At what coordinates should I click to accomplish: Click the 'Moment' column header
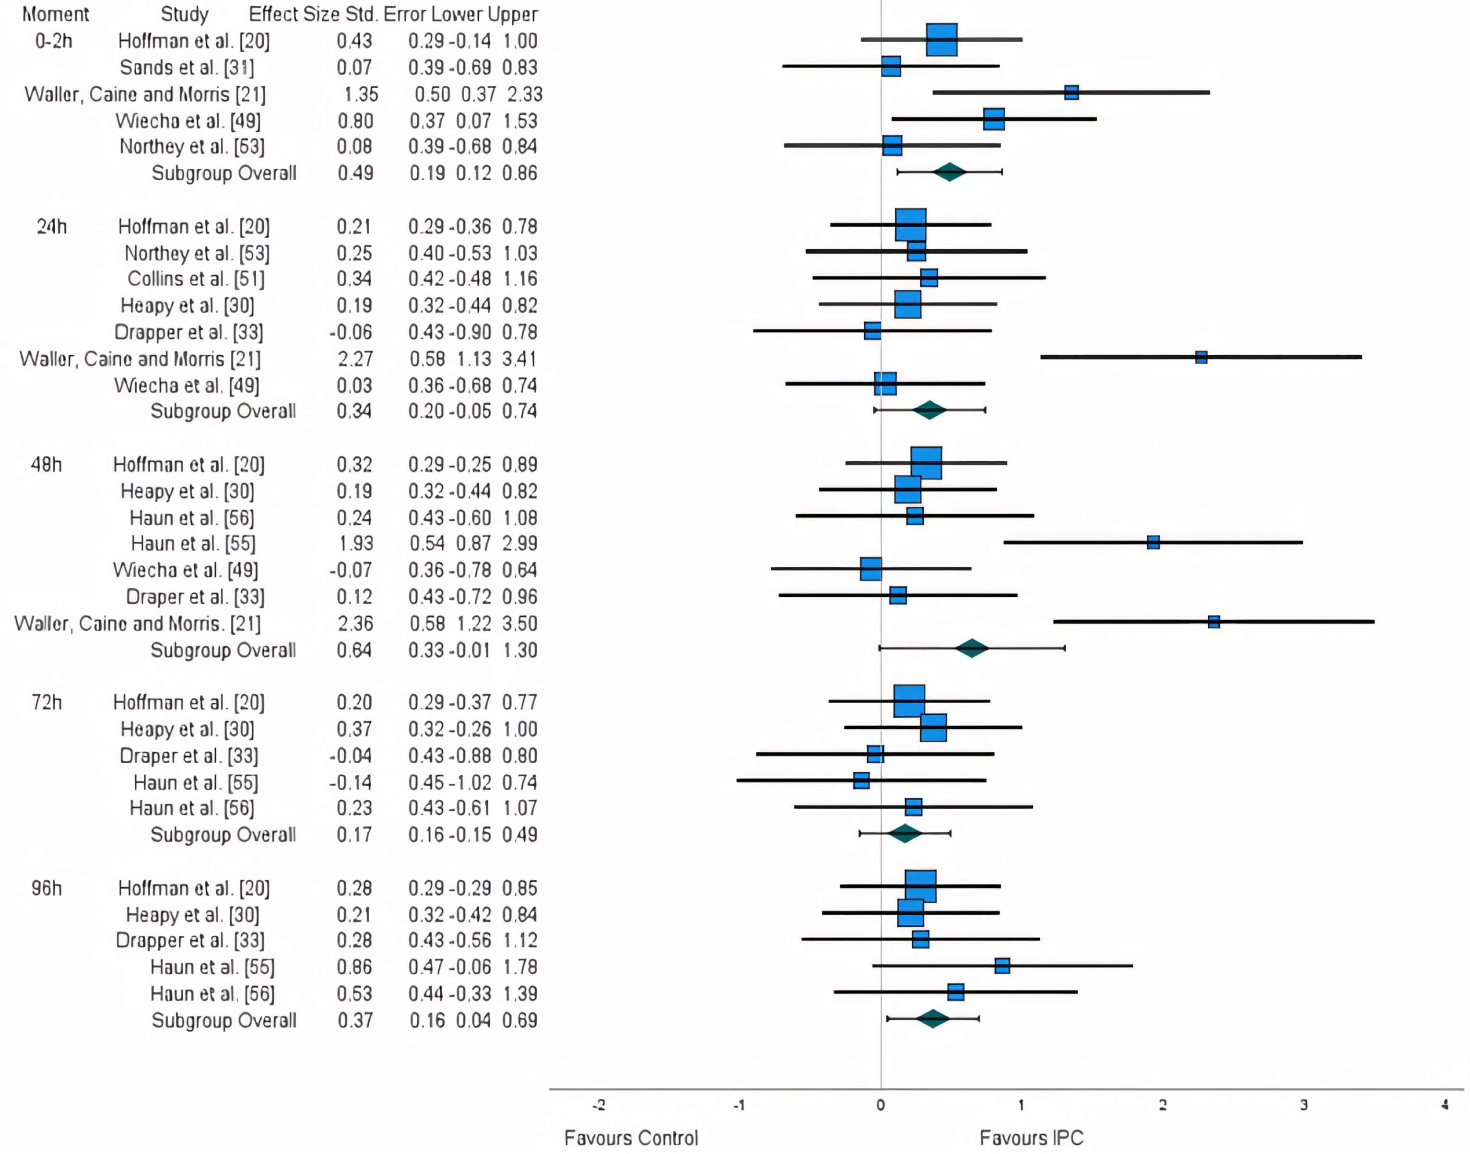click(x=56, y=14)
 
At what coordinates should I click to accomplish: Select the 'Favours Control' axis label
click(x=631, y=1138)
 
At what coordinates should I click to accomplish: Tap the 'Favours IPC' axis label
click(x=1031, y=1138)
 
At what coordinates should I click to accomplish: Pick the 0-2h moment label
click(x=53, y=41)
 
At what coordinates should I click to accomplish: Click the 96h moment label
click(x=47, y=888)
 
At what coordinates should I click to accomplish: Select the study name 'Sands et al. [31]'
click(x=187, y=68)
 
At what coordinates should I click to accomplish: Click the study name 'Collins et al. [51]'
click(x=196, y=279)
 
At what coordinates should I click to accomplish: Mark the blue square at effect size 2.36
click(x=1214, y=622)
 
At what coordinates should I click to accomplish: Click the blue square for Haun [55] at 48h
click(x=1153, y=542)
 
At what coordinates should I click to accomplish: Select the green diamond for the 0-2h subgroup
click(x=950, y=172)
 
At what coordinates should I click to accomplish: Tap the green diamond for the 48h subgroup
click(x=972, y=648)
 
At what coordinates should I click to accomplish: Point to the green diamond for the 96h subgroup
click(x=933, y=1018)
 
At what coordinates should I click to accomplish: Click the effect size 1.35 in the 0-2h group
click(x=361, y=94)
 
